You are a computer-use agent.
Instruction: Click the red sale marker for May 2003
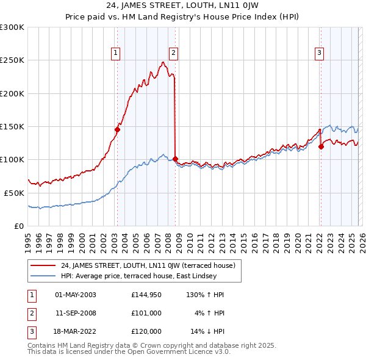click(x=117, y=129)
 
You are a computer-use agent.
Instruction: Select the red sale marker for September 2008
click(x=175, y=159)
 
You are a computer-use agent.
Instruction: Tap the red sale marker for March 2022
click(x=321, y=146)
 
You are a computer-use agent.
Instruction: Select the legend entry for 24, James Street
click(x=151, y=265)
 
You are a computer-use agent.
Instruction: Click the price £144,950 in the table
click(x=146, y=295)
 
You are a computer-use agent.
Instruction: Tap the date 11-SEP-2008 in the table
click(x=76, y=313)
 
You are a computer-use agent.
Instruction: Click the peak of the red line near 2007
click(x=163, y=62)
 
